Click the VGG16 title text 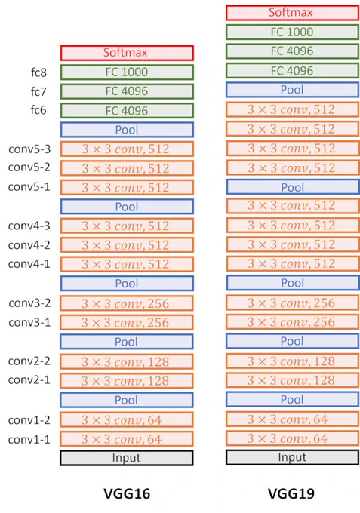[x=127, y=493]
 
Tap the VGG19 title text [x=291, y=493]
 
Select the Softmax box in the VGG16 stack [x=127, y=53]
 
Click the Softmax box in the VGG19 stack [x=292, y=13]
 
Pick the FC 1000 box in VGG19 [x=292, y=32]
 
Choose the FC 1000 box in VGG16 [x=127, y=72]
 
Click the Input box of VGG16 [x=127, y=458]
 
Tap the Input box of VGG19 [x=292, y=457]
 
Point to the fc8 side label [x=38, y=72]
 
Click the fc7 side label [x=38, y=91]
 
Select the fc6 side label [x=38, y=110]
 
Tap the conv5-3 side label [x=29, y=149]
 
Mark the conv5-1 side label [x=29, y=187]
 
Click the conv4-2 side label [x=29, y=245]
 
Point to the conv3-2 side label [x=29, y=303]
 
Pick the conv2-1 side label [x=29, y=379]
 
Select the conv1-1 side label [x=29, y=439]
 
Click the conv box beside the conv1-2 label [x=127, y=420]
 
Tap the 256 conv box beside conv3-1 [x=127, y=323]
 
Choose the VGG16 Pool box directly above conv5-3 [x=127, y=130]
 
